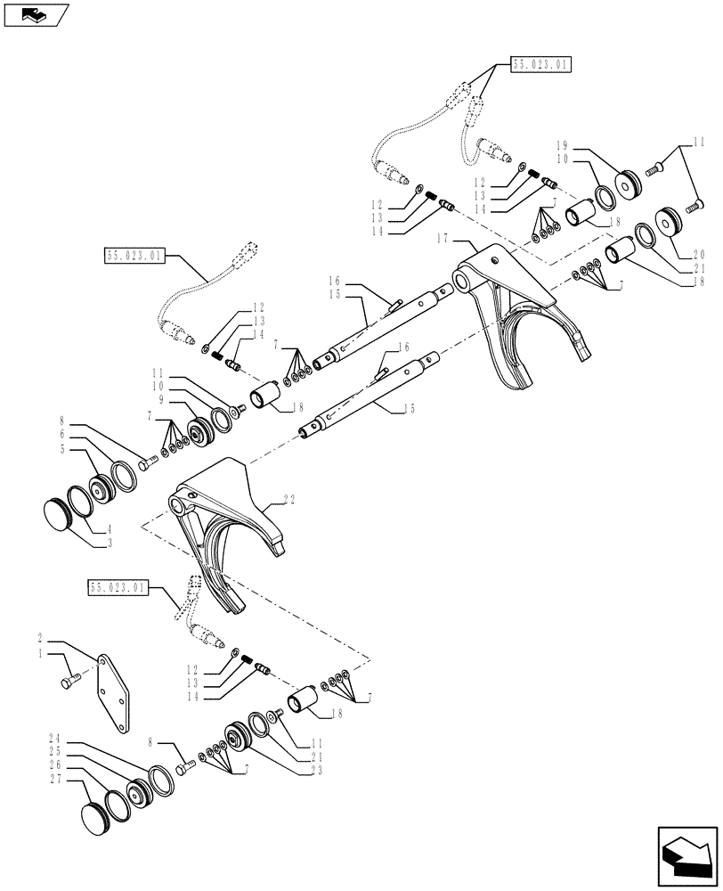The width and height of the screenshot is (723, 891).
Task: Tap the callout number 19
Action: pyautogui.click(x=562, y=145)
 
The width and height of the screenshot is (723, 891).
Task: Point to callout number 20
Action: pyautogui.click(x=700, y=253)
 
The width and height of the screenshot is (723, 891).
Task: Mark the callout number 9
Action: pyautogui.click(x=157, y=400)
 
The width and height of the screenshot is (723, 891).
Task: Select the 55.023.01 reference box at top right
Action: pyautogui.click(x=540, y=64)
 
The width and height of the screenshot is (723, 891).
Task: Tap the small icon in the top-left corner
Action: pyautogui.click(x=36, y=14)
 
